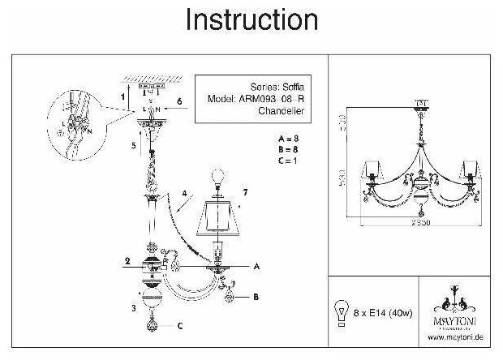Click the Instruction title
coord(251,19)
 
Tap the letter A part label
coord(256,266)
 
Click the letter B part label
coord(256,298)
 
